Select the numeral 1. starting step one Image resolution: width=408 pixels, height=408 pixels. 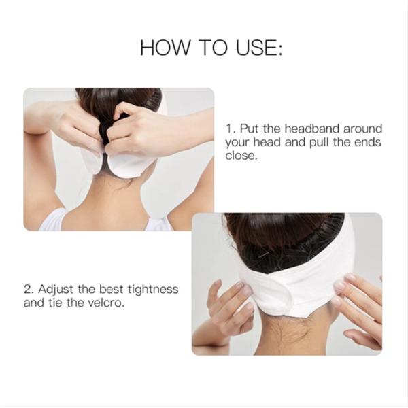pyautogui.click(x=230, y=129)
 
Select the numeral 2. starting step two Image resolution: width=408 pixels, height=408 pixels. pyautogui.click(x=29, y=290)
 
